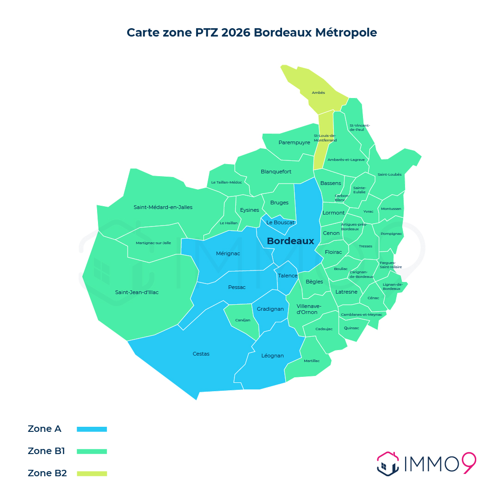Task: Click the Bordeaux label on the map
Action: (x=290, y=241)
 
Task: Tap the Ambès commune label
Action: (x=318, y=92)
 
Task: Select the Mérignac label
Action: (x=228, y=253)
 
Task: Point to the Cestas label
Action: (x=201, y=354)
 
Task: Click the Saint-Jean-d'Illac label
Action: (x=136, y=292)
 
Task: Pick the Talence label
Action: (x=288, y=276)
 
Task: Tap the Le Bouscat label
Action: (x=280, y=222)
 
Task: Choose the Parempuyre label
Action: (x=294, y=142)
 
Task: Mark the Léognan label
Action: (x=272, y=356)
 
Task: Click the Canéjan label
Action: (x=243, y=320)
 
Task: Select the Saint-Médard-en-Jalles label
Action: (x=163, y=207)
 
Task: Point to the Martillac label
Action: (x=312, y=361)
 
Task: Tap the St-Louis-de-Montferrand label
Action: (x=325, y=138)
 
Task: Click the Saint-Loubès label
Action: (x=389, y=174)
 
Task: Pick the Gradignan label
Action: (x=270, y=309)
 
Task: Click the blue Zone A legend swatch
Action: (x=92, y=429)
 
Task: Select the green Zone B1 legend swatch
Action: (x=92, y=451)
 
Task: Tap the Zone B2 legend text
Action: (x=47, y=473)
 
